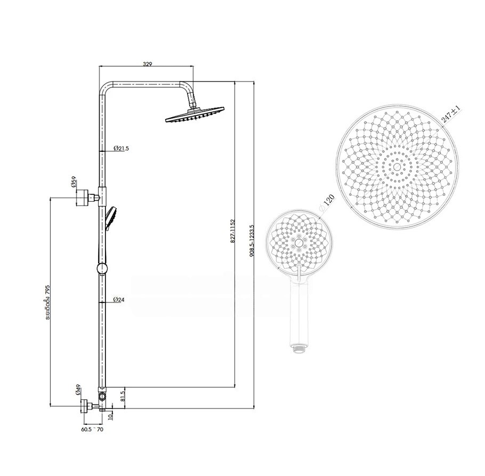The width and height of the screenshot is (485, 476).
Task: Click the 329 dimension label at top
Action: click(x=147, y=64)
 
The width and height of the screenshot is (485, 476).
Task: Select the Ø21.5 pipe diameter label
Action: click(x=121, y=149)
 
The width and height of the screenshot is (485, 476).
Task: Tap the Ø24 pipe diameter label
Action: click(x=119, y=299)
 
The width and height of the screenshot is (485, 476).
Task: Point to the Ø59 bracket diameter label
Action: click(x=74, y=182)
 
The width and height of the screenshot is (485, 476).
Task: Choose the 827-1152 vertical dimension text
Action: click(x=233, y=231)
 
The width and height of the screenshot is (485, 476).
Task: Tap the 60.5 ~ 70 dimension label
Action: click(x=92, y=429)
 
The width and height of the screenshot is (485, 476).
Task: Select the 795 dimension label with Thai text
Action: click(x=47, y=301)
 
